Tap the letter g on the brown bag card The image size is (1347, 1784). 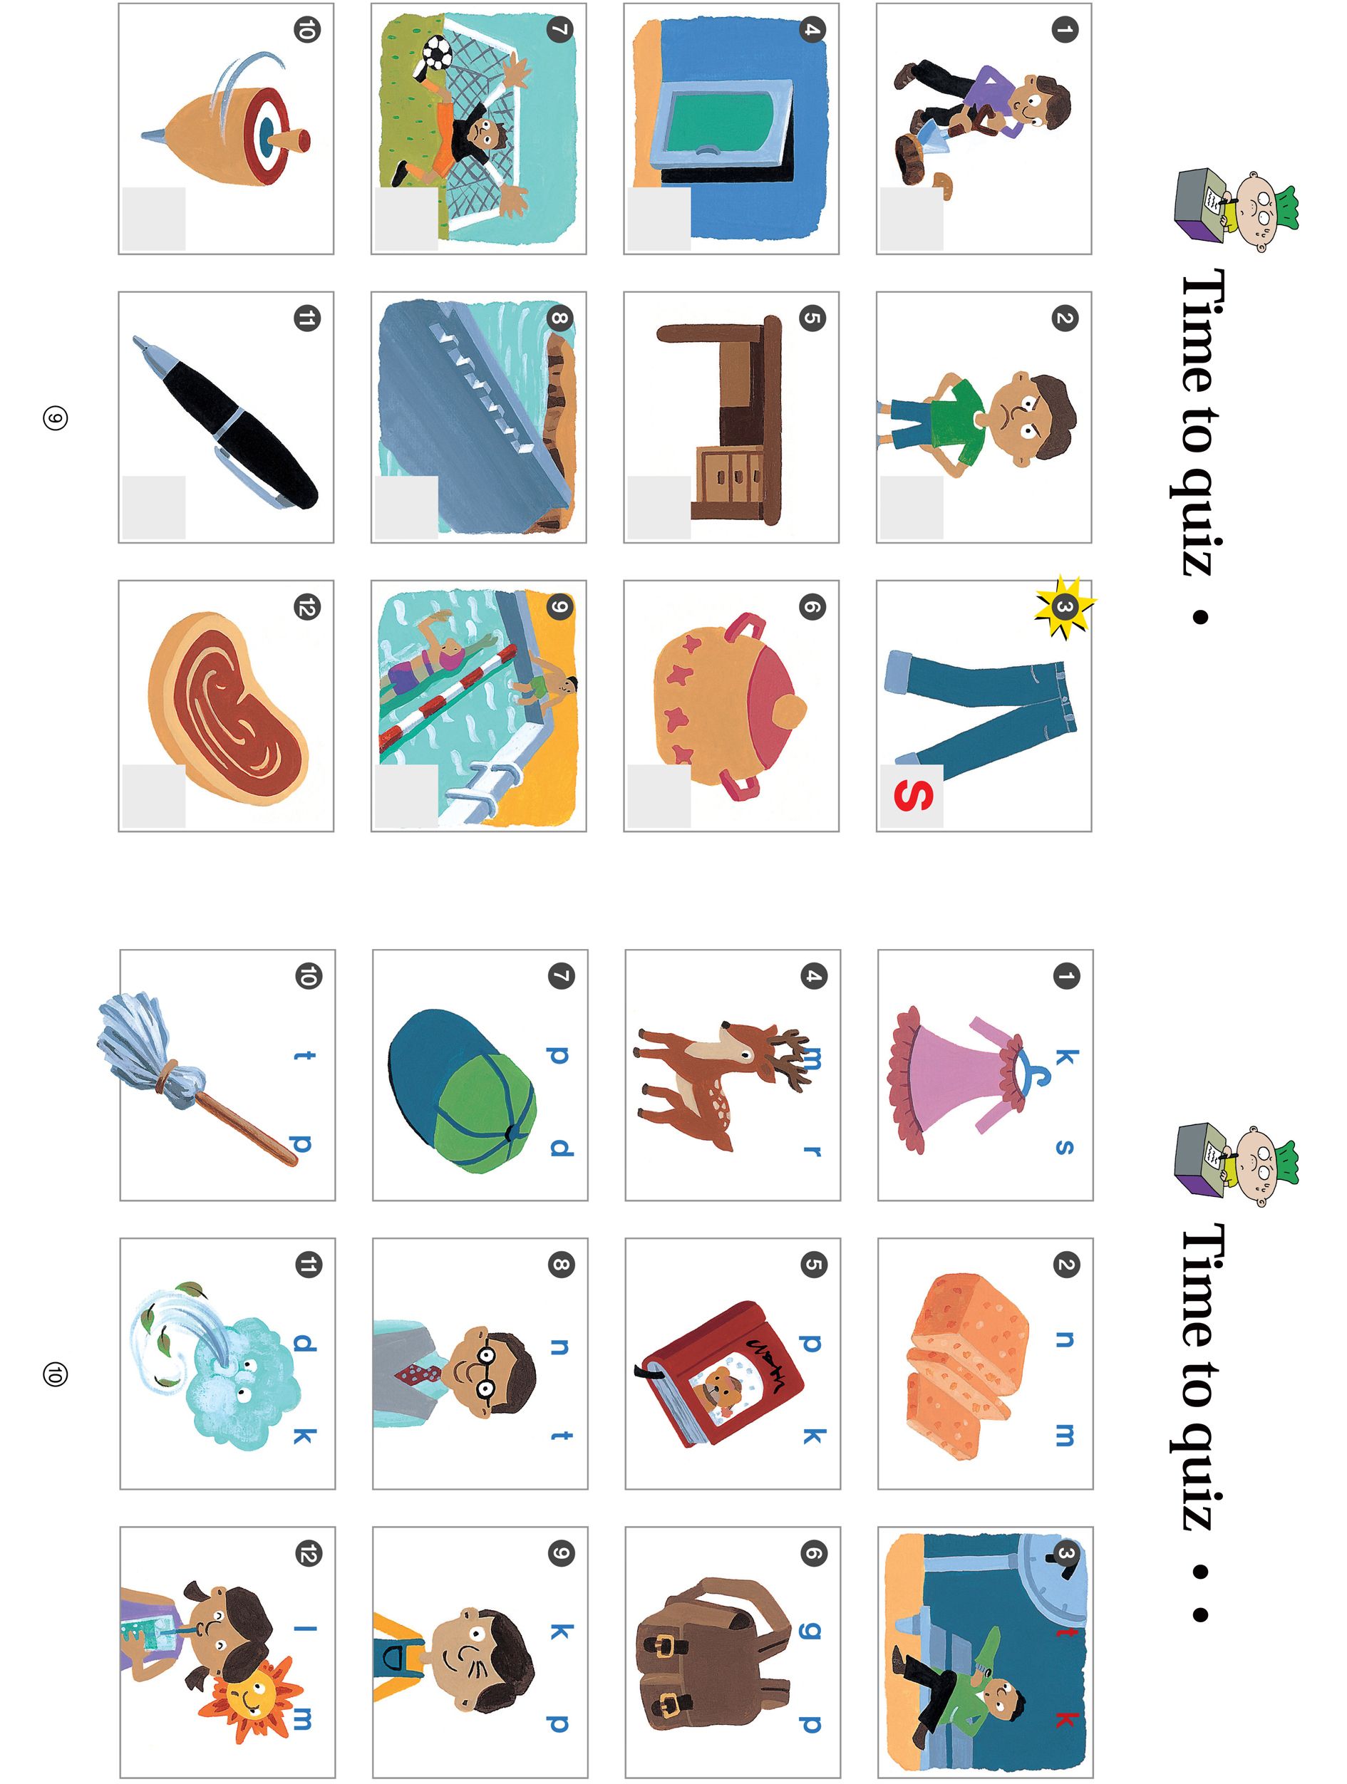[812, 1631]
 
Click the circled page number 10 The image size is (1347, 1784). [55, 1374]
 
